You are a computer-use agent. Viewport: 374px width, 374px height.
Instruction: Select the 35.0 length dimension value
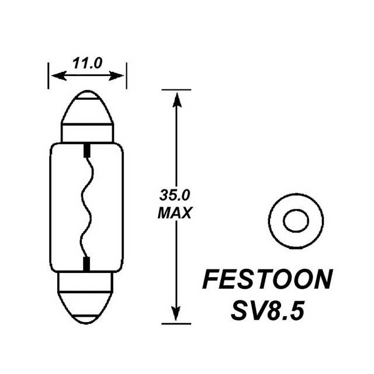point(175,195)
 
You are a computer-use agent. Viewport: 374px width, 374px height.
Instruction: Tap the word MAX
point(175,214)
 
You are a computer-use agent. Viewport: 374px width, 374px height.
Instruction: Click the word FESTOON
point(266,280)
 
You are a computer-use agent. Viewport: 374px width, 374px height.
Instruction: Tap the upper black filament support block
point(86,150)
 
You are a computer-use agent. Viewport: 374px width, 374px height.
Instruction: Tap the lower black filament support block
point(86,264)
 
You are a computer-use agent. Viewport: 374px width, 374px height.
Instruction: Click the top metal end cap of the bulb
point(86,114)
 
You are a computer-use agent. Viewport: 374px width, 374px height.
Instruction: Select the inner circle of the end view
point(295,221)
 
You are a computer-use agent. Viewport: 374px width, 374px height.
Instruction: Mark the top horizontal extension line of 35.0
point(175,90)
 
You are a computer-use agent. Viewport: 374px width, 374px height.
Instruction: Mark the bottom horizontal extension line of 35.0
point(175,323)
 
